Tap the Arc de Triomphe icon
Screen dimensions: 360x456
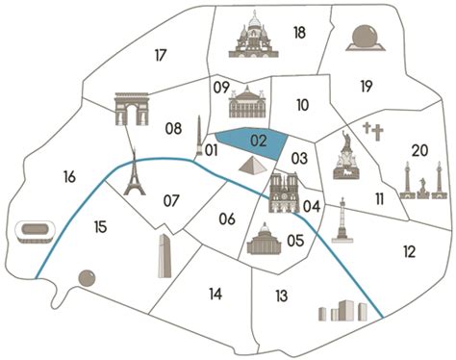tap(133, 109)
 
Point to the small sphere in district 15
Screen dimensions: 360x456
tap(87, 278)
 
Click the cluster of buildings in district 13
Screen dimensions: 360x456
tap(343, 312)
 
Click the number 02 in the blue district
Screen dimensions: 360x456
tap(258, 141)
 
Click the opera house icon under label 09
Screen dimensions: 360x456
tap(244, 102)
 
